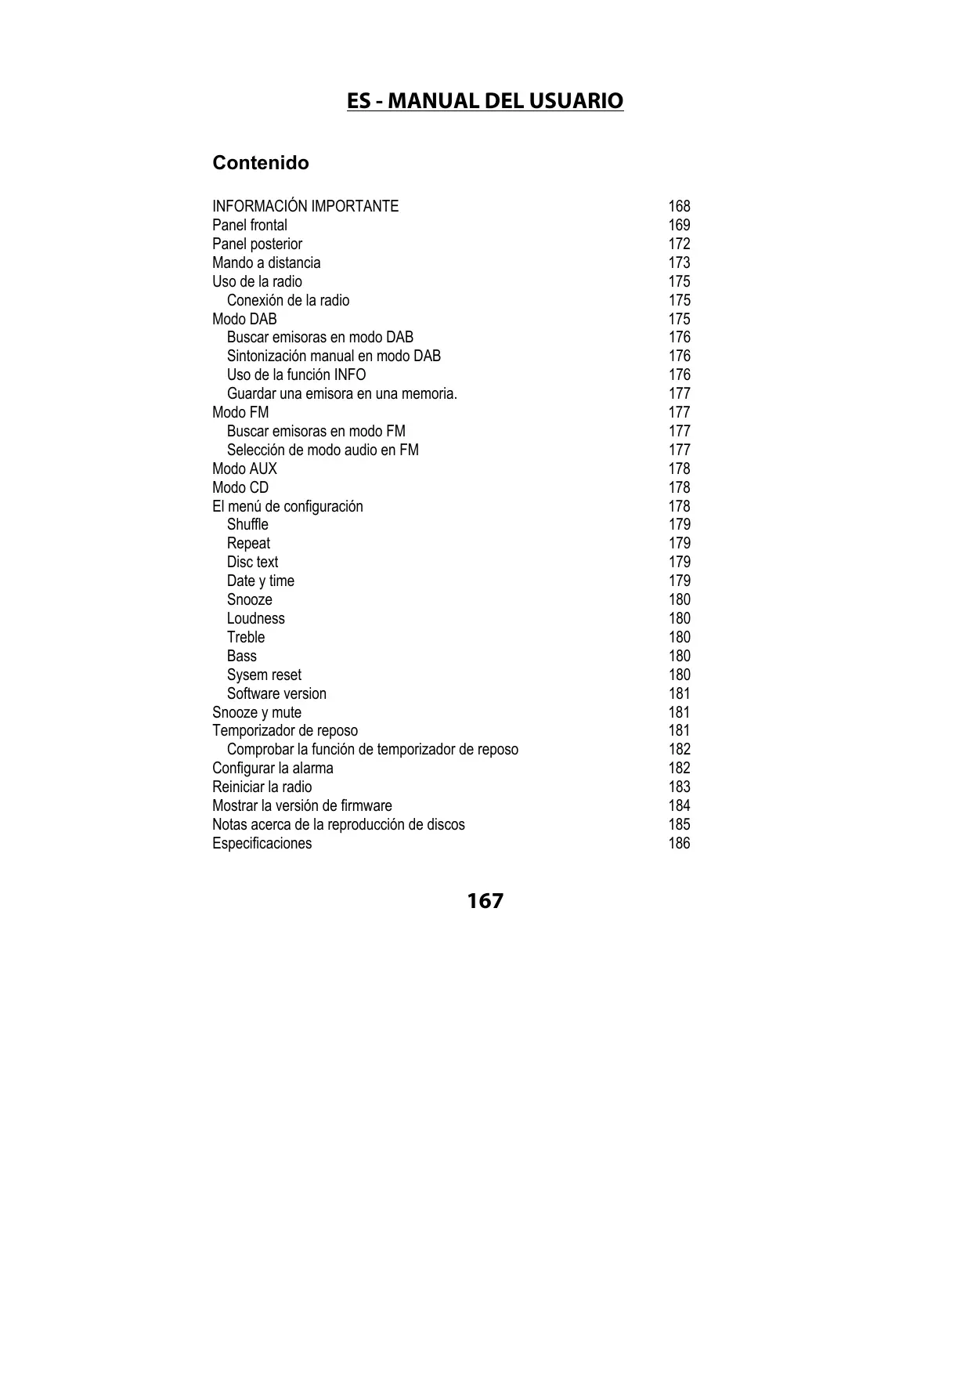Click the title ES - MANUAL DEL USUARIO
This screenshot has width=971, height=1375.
coord(485,101)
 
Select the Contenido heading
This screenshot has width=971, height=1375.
coord(261,163)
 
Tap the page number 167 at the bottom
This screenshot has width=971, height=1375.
coord(485,901)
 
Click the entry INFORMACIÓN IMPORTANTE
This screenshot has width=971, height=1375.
coord(305,206)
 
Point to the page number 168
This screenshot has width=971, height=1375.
coord(679,206)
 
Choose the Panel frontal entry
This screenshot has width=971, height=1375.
coord(250,225)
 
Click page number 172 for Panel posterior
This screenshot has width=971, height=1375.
coord(679,244)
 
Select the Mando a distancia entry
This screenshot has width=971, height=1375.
coord(266,262)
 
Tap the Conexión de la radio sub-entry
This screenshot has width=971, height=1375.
coord(288,300)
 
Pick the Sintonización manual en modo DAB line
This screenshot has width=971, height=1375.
coord(334,356)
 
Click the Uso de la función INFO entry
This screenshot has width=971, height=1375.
coord(296,375)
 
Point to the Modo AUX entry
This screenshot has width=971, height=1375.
coord(244,469)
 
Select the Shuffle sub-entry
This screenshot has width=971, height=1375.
coord(247,524)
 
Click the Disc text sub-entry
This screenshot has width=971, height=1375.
coord(252,562)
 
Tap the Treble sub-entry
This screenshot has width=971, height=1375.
coord(246,637)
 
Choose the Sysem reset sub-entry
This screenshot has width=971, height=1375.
coord(264,675)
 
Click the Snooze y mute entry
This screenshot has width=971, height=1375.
coord(257,712)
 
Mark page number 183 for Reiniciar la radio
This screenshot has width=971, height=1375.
coord(679,787)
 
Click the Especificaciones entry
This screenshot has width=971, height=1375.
coord(262,843)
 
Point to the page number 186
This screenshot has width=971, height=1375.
coord(679,843)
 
